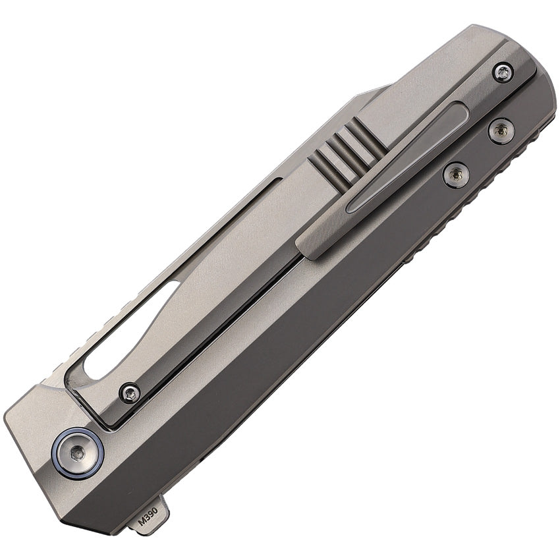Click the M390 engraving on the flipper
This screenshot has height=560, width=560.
coord(148,515)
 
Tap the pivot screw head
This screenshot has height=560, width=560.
coord(78,453)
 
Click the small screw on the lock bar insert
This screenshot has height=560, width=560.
coord(130,394)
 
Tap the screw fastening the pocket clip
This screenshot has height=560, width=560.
coord(503,74)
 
